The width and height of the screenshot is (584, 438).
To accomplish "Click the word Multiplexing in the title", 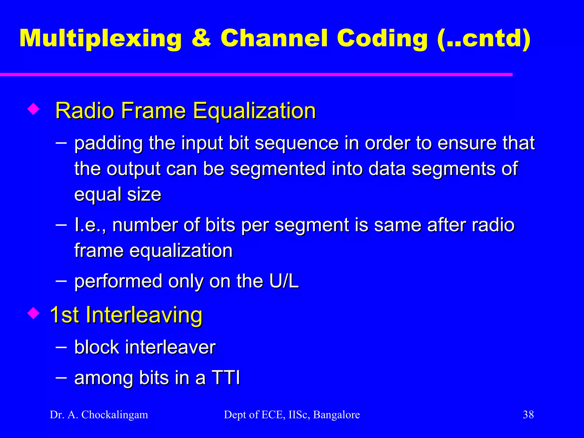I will (x=100, y=38).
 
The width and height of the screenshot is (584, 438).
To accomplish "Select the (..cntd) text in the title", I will (x=484, y=38).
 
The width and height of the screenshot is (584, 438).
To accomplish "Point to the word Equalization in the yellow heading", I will (x=254, y=111).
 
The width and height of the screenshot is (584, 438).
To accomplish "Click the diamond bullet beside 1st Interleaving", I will (x=33, y=313).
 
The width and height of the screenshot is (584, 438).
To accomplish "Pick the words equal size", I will (x=117, y=194).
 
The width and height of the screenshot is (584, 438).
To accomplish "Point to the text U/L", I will (x=284, y=281).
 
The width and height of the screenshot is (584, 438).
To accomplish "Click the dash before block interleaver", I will (x=61, y=347).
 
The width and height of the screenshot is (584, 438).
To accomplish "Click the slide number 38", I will (x=528, y=415).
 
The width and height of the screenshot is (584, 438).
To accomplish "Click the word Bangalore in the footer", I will (x=336, y=415).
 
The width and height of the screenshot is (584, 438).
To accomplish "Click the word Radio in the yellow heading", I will (x=84, y=111).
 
